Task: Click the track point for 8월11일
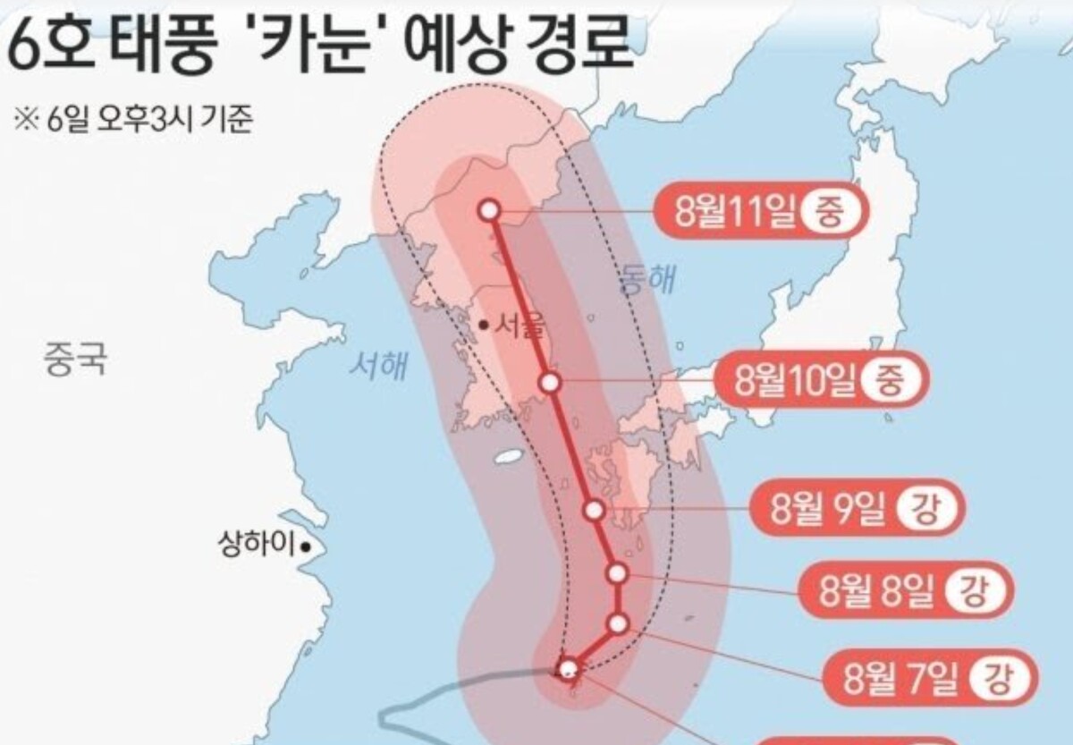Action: [488, 210]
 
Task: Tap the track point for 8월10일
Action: [551, 383]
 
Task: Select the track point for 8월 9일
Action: [594, 510]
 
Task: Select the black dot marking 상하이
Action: [306, 544]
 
